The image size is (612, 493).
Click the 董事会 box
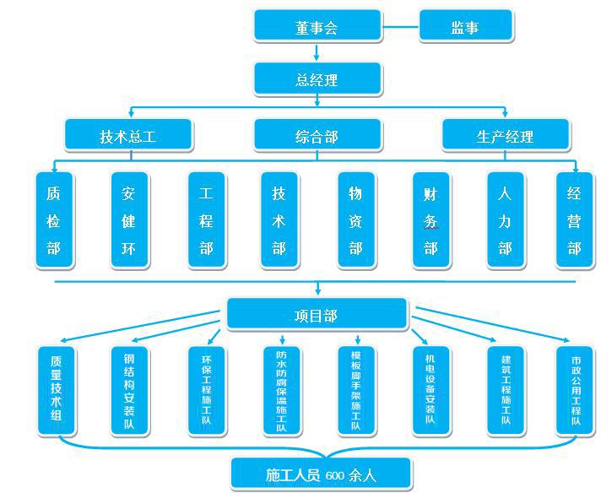[317, 27]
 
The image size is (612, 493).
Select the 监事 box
[465, 27]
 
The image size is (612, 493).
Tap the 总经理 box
[317, 80]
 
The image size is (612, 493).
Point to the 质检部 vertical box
[54, 220]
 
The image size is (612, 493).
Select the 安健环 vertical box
[129, 220]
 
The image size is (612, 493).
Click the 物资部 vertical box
[355, 220]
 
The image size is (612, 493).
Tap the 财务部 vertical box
[431, 220]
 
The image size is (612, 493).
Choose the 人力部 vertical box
[505, 220]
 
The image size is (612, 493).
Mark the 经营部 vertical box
[574, 220]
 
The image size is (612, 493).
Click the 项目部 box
[317, 316]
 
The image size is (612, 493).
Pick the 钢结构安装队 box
[130, 389]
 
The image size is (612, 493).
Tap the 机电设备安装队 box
[431, 389]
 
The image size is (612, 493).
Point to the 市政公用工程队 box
[576, 389]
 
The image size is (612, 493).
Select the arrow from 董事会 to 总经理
[317, 53]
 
